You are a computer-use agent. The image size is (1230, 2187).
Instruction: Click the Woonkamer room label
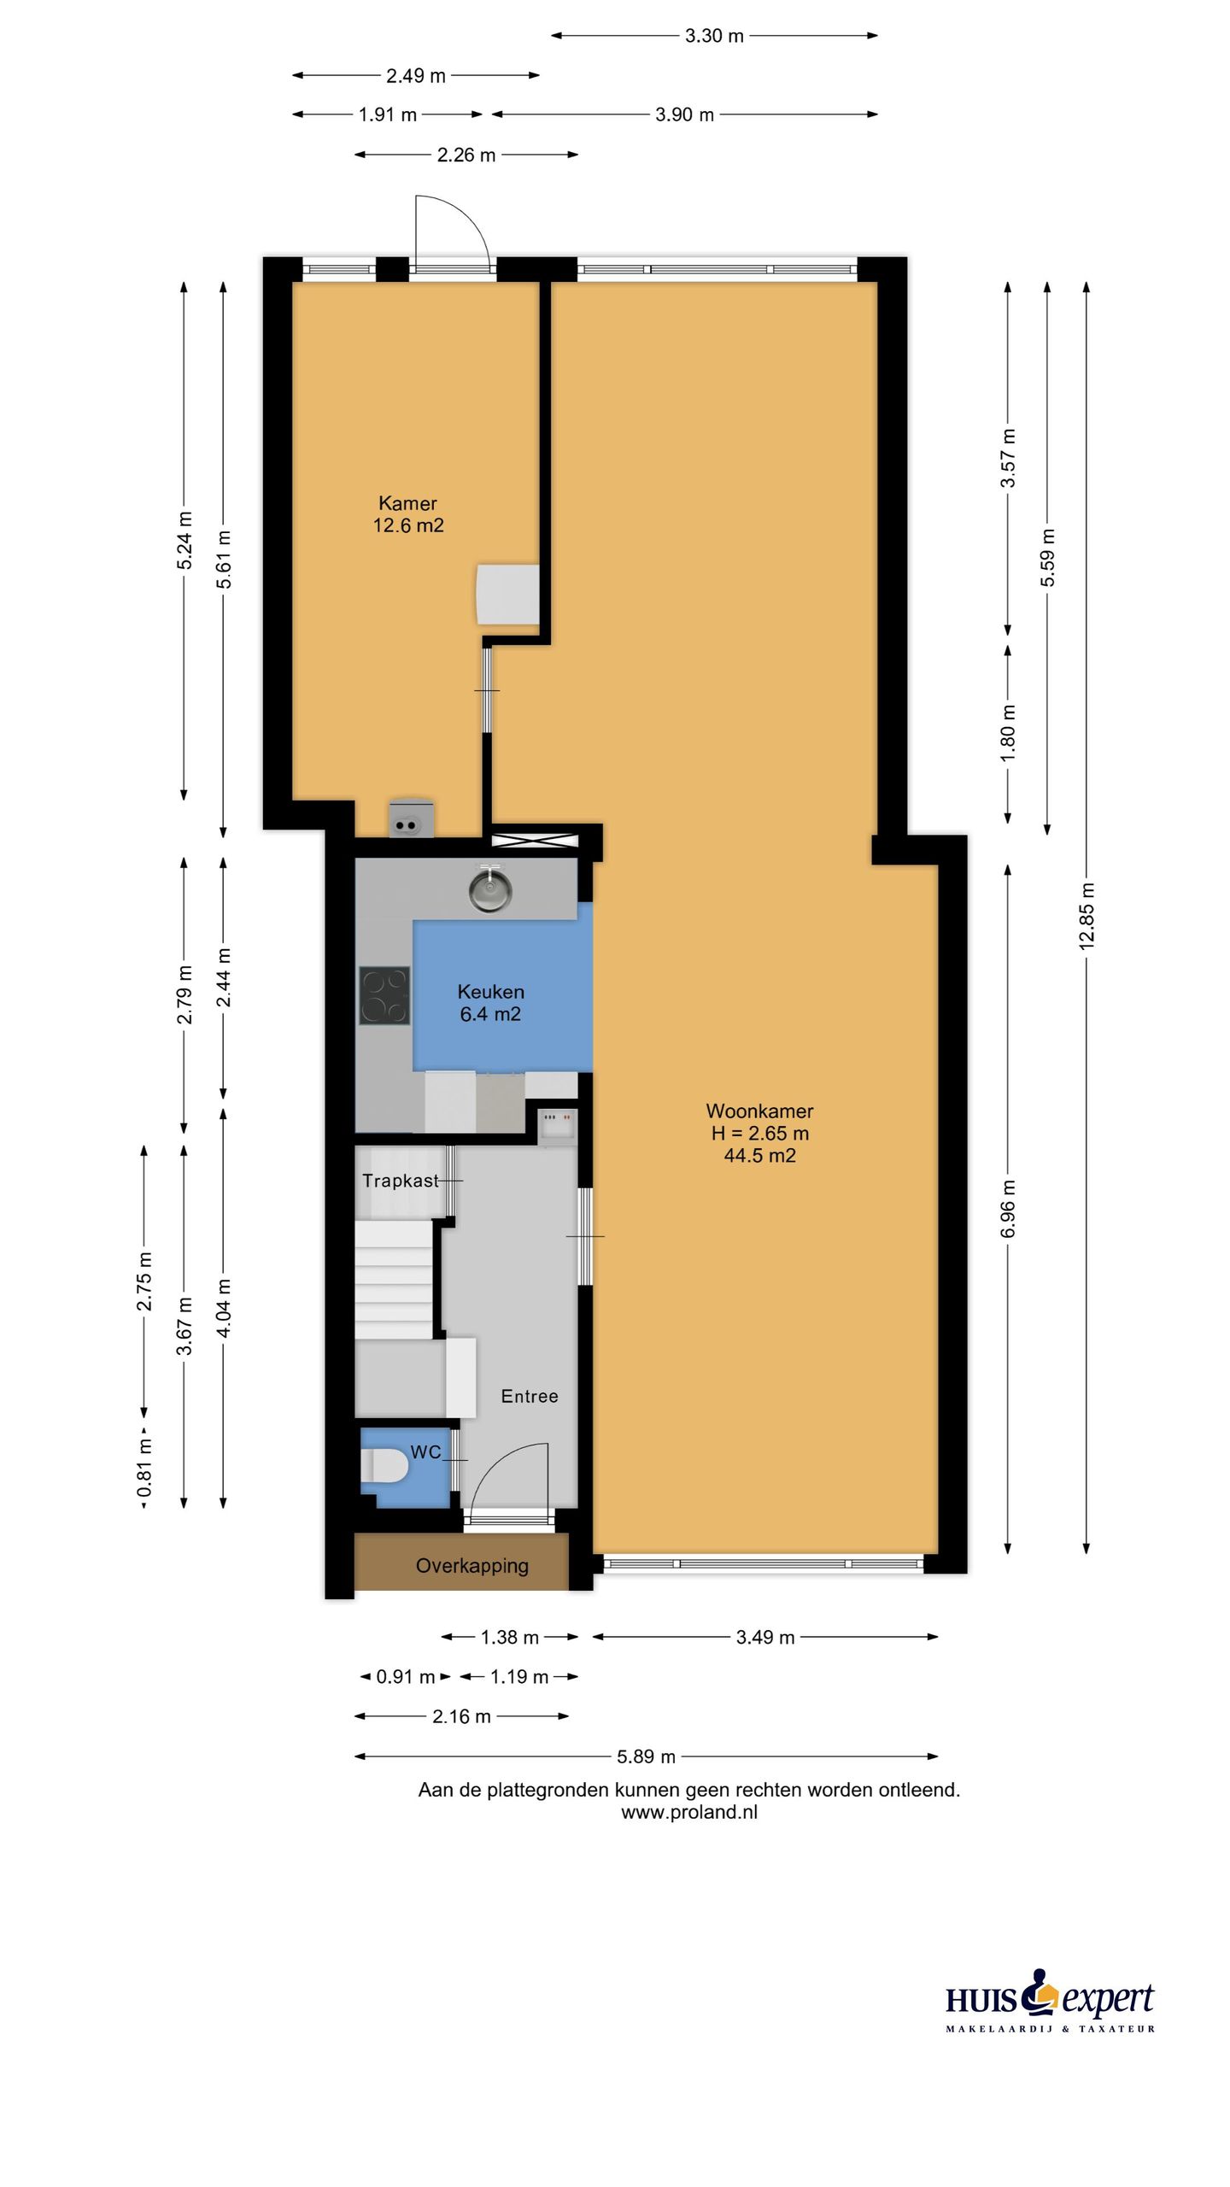point(759,1111)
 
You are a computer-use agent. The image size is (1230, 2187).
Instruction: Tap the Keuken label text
point(490,992)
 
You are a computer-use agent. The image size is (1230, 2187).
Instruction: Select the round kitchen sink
point(489,888)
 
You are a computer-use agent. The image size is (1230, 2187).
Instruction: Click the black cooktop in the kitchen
point(384,995)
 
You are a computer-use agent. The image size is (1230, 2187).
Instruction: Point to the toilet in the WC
point(386,1466)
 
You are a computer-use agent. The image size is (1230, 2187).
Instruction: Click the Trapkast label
point(400,1181)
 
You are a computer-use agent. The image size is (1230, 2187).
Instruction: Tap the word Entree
point(530,1396)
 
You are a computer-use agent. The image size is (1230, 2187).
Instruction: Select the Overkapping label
point(471,1566)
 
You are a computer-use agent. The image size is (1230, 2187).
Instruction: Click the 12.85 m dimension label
point(1086,917)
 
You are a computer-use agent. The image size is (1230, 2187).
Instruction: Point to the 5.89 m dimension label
point(647,1756)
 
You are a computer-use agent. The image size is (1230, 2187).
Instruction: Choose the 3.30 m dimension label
point(714,36)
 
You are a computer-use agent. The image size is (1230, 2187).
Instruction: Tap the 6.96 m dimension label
point(1008,1208)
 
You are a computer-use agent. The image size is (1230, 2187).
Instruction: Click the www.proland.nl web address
point(689,1813)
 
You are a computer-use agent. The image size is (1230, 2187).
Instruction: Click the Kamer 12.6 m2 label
point(408,514)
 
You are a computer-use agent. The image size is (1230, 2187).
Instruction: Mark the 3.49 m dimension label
point(765,1637)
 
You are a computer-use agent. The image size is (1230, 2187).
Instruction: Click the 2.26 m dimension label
point(466,155)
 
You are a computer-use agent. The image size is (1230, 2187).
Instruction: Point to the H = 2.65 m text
point(759,1134)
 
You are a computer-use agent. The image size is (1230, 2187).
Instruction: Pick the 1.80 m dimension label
point(1008,733)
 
